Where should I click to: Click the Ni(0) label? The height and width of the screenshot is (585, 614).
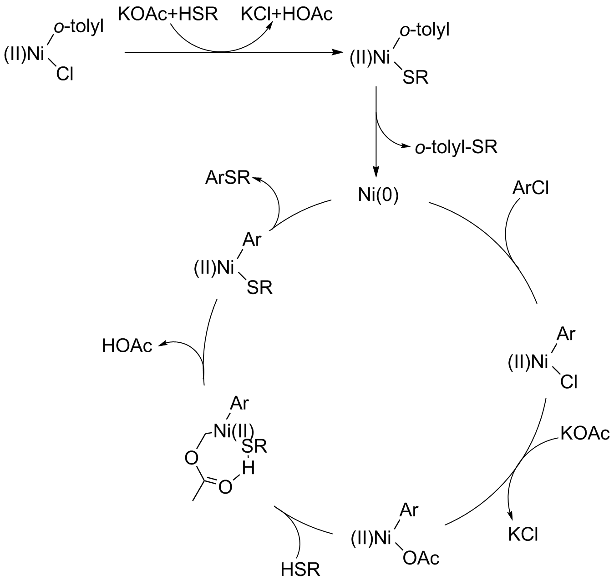(378, 195)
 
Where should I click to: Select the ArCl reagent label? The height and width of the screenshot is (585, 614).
(531, 187)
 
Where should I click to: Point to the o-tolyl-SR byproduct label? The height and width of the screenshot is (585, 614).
(456, 148)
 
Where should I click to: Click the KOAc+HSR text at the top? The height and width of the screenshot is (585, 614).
(168, 14)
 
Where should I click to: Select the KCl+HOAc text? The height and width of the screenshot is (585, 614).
(287, 14)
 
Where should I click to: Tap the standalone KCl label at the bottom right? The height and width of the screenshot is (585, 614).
(523, 535)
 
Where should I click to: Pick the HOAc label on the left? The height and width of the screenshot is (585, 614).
(127, 346)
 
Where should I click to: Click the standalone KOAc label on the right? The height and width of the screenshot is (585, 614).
(585, 434)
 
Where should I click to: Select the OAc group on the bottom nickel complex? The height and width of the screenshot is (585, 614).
(421, 557)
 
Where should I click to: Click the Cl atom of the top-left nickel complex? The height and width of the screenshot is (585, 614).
(65, 74)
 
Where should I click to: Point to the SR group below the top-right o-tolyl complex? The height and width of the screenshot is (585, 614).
(416, 78)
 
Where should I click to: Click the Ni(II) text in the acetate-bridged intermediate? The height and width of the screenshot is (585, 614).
(234, 430)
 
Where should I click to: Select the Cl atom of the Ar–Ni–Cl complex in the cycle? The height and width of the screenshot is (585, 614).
(569, 383)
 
